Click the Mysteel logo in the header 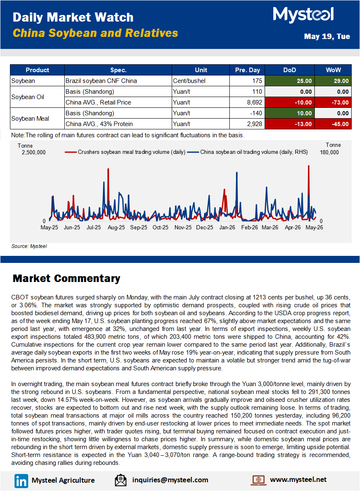[x=303, y=15]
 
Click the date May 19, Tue [x=327, y=36]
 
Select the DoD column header [x=289, y=70]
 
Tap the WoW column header [x=333, y=70]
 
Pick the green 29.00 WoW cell [x=333, y=81]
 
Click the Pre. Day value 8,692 [x=247, y=102]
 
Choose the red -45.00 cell [x=333, y=124]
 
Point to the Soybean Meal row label [x=30, y=119]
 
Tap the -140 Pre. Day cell [x=247, y=113]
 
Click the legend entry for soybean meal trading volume [x=125, y=152]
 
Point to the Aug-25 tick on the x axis [x=116, y=228]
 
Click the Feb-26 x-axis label [x=250, y=228]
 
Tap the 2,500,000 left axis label [x=34, y=153]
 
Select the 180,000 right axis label [x=329, y=153]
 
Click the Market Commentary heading [x=66, y=278]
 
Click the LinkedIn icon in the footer [x=21, y=481]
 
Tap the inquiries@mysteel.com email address [x=170, y=480]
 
